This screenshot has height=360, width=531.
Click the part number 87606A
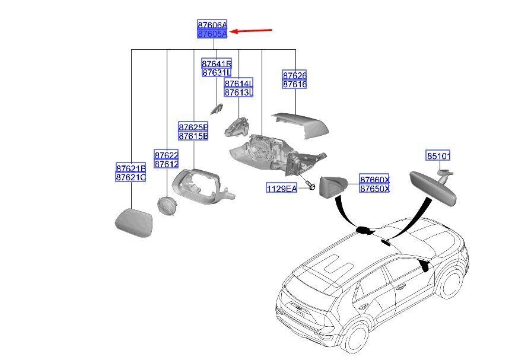coord(212,26)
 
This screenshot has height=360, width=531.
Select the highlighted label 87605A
coord(212,34)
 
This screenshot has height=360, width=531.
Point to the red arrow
coord(251,31)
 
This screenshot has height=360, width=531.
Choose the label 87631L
coord(216,73)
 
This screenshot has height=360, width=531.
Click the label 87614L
coord(239,84)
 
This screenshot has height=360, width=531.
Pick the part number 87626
coord(294,76)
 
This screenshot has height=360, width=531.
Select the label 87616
coord(294,85)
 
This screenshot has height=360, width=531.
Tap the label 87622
coord(166,154)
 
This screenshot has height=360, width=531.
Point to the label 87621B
coord(131,168)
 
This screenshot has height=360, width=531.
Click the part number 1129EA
coord(281,189)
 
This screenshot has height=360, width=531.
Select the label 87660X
coord(374,180)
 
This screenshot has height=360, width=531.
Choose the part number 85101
coord(438,157)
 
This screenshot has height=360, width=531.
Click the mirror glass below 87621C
coord(135,222)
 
